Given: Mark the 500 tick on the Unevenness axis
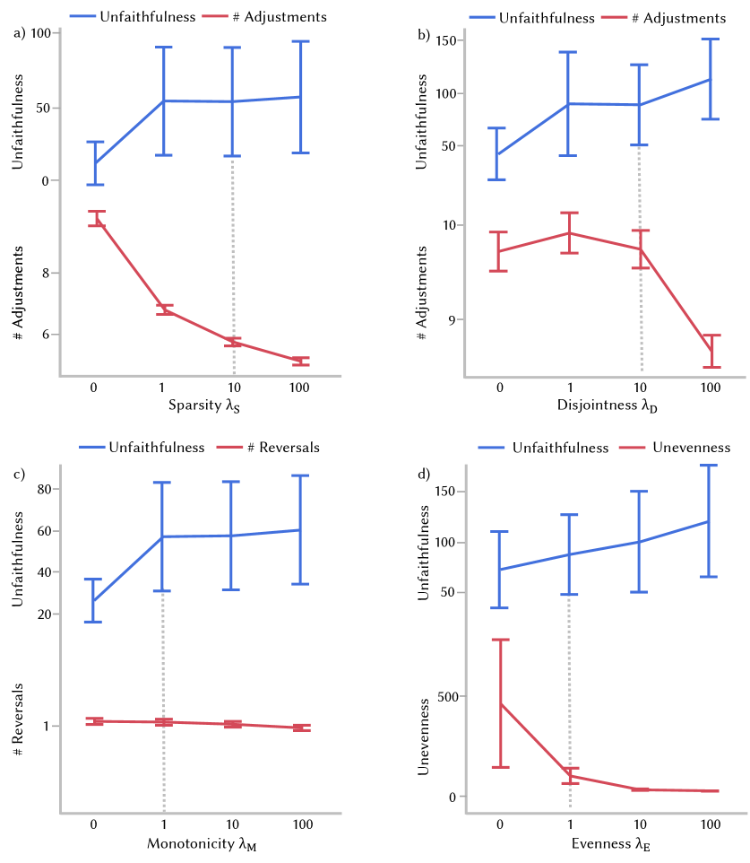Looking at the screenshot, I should (447, 696).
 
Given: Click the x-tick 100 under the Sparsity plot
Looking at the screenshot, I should (300, 388).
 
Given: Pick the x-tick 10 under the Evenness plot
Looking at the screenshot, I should (640, 824).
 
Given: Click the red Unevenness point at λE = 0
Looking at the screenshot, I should (500, 703).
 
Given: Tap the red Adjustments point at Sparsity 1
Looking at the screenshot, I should (164, 310).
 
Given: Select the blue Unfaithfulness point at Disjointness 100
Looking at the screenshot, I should (711, 79).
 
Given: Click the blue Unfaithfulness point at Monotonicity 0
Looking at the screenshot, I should (93, 600).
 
